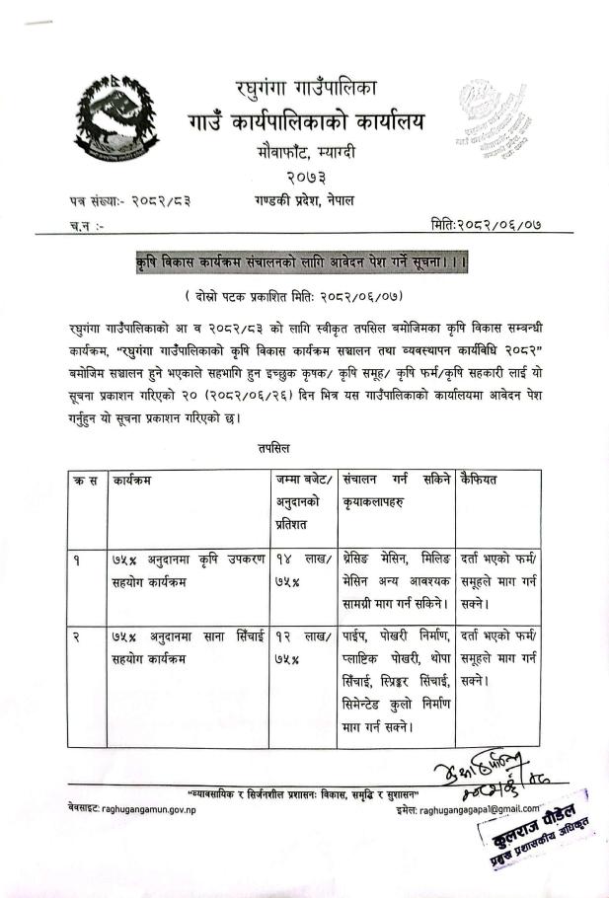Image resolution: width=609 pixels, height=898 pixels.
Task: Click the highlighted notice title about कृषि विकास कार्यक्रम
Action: (x=305, y=263)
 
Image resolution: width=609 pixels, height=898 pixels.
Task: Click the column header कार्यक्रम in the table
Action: (x=137, y=481)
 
